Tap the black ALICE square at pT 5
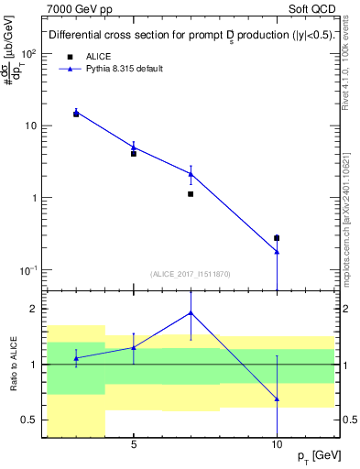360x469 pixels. pos(134,154)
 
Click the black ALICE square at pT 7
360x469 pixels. pos(191,194)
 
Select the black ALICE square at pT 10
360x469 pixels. pos(277,238)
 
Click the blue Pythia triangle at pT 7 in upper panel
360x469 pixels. pos(191,173)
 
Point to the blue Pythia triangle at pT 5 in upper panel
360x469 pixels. pos(134,147)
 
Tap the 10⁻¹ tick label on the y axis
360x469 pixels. pos(27,270)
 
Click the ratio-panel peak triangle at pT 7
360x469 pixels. pos(191,312)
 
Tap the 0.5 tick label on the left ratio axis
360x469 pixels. pos(28,420)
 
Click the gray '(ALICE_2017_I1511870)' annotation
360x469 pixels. pos(191,273)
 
